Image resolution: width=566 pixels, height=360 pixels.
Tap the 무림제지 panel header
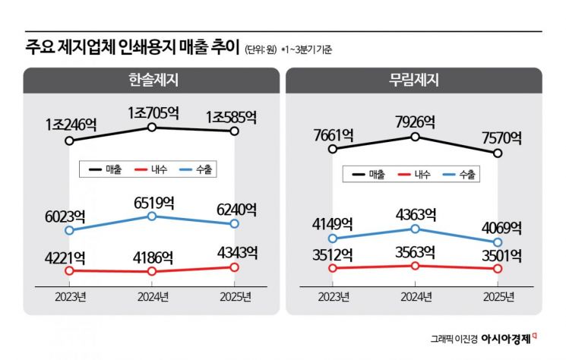coord(414,80)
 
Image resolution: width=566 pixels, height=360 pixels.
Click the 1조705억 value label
coord(153,113)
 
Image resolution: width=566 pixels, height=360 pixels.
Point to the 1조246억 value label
coord(71,124)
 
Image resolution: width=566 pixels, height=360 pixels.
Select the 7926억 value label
coord(414,122)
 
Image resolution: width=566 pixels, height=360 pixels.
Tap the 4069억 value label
coord(498,227)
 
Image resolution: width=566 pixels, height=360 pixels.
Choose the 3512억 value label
coord(333,253)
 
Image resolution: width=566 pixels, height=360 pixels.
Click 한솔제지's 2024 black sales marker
coord(152,128)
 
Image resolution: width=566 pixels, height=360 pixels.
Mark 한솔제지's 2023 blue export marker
coord(70,230)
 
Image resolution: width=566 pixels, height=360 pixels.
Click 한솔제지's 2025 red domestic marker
coord(234,267)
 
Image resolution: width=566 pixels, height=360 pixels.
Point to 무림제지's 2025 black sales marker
coord(498,153)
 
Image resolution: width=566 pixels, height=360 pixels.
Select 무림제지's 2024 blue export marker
coord(415,229)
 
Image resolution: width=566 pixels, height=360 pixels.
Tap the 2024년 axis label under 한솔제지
coord(152,295)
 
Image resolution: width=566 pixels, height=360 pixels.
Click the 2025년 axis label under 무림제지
coord(498,295)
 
